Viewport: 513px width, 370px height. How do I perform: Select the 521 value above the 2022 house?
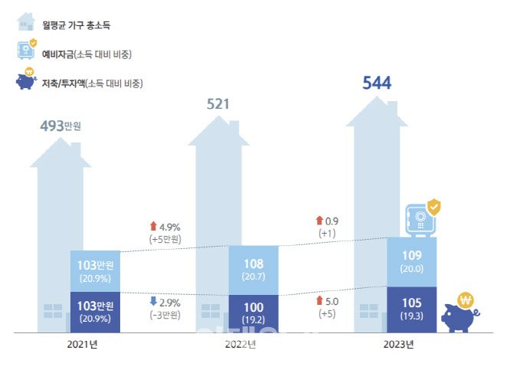pos(218,103)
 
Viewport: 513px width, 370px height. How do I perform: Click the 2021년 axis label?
pos(81,345)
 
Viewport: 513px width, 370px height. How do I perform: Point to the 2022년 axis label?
pos(240,345)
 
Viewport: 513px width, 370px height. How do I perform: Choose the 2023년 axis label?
pos(398,345)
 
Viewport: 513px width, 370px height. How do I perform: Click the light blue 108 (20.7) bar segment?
pos(253,270)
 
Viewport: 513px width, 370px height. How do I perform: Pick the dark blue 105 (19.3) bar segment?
pos(411,309)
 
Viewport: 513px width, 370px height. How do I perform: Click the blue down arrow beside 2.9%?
pos(153,301)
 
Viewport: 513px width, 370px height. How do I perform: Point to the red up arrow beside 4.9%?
pos(153,226)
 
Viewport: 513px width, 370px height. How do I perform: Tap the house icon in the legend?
pos(25,23)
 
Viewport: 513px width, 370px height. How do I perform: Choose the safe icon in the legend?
pos(26,51)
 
